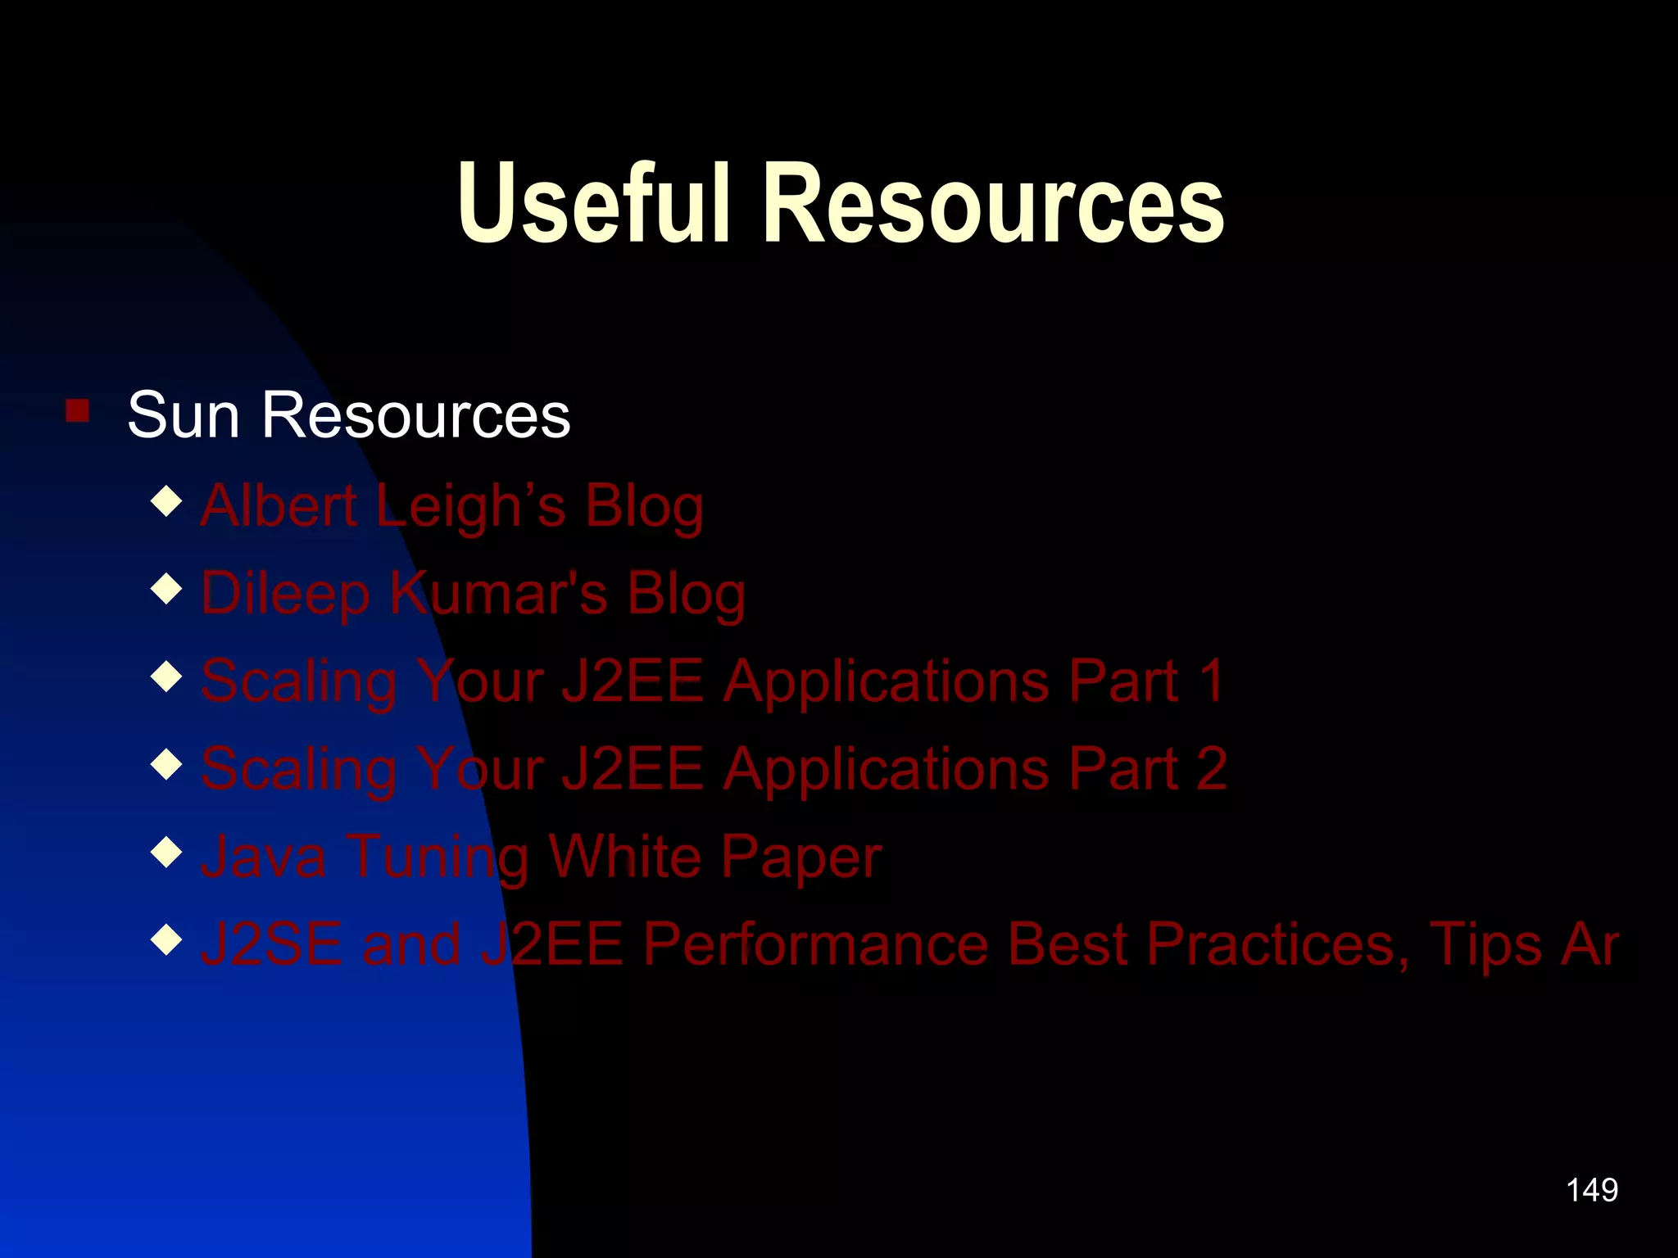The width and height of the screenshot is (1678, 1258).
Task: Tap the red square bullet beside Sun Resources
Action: (78, 410)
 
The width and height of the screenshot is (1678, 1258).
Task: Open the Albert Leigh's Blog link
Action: (452, 505)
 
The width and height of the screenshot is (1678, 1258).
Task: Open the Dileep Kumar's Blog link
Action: (474, 593)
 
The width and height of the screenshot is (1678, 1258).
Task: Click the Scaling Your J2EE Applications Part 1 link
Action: (713, 681)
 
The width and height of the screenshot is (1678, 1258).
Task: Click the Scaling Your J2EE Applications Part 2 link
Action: (714, 769)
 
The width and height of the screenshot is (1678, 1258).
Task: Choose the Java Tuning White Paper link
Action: (542, 857)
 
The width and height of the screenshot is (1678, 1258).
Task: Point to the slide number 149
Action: (1592, 1190)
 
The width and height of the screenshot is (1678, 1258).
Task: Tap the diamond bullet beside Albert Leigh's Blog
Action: (167, 501)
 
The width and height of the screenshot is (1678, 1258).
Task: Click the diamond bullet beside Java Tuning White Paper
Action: (167, 852)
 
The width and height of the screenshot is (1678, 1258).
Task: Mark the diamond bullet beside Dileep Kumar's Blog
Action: (167, 589)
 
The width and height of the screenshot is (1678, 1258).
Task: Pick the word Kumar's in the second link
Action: (498, 593)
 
